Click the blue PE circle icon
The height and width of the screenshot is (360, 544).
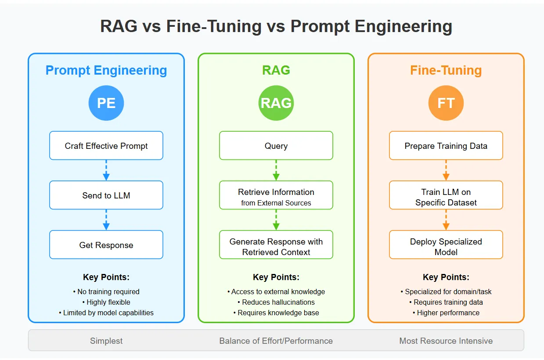coord(106,103)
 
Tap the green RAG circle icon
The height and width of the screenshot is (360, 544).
coord(276,103)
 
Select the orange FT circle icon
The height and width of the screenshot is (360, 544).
coord(446,103)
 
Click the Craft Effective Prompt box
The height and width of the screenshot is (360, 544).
coord(106,146)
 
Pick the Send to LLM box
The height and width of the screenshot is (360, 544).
coord(106,195)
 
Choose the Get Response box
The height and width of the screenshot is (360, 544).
coord(106,245)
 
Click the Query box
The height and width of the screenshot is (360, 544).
coord(276,146)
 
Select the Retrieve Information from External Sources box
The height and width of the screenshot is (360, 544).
coord(276,195)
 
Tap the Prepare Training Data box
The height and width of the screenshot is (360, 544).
coord(446,146)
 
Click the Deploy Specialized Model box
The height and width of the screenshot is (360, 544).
coord(446,245)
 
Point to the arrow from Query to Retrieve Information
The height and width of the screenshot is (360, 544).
coord(276,170)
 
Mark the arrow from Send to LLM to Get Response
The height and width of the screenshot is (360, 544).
coord(106,220)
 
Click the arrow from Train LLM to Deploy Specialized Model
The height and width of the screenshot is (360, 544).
coord(446,220)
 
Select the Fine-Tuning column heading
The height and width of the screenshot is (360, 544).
coord(446,70)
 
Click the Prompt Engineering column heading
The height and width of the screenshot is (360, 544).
coord(106,70)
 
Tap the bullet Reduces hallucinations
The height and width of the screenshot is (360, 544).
coord(276,302)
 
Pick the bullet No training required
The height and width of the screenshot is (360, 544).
coord(106,292)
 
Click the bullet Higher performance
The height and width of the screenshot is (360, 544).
coord(446,313)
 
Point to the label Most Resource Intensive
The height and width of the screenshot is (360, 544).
coord(446,341)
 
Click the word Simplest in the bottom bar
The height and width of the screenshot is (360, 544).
coord(106,341)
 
